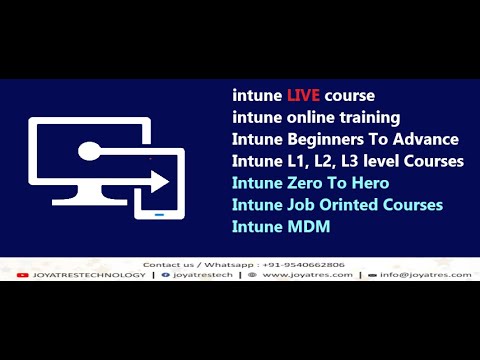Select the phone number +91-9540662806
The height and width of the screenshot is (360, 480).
click(294, 264)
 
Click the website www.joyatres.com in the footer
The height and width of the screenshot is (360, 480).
click(308, 274)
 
